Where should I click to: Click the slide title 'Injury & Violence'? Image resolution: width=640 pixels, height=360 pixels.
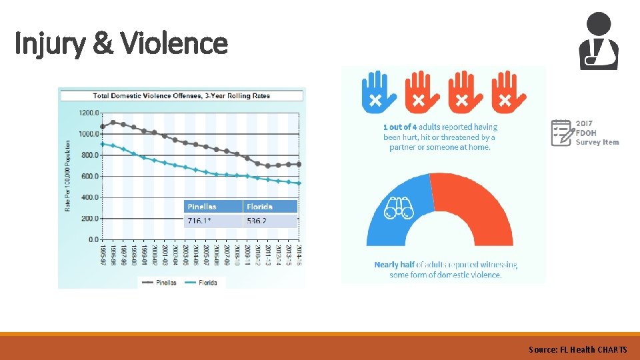[x=121, y=44]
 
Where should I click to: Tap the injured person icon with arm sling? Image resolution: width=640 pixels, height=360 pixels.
[x=598, y=41]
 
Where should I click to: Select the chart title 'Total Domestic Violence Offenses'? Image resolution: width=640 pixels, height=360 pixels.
[x=181, y=95]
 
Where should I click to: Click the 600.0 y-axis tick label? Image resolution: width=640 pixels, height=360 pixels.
[x=89, y=176]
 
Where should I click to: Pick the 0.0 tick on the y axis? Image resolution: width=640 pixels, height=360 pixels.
[x=93, y=239]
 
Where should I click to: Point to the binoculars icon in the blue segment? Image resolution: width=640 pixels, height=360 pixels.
[x=399, y=209]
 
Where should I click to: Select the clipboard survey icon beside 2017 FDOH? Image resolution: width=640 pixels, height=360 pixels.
[x=561, y=132]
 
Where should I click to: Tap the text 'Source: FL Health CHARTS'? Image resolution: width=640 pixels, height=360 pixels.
[x=577, y=349]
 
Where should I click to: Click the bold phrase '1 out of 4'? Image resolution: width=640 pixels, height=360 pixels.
[x=401, y=127]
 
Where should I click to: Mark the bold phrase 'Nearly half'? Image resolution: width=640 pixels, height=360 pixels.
[x=395, y=265]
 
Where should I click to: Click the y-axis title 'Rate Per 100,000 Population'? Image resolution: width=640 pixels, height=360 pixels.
[x=68, y=176]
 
